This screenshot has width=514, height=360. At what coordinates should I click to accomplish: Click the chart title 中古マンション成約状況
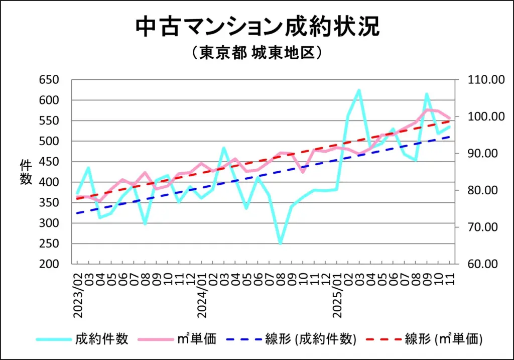click(x=257, y=28)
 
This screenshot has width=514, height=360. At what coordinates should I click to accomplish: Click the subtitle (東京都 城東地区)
click(x=257, y=53)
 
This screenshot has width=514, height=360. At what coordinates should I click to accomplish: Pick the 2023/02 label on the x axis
click(x=78, y=296)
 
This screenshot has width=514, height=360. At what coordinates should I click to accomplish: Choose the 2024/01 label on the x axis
click(x=201, y=296)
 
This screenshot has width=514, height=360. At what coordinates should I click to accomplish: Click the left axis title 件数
click(x=26, y=172)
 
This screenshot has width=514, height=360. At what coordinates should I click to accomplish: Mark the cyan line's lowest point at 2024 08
click(x=280, y=244)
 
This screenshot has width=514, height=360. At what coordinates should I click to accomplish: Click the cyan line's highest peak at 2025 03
click(x=359, y=90)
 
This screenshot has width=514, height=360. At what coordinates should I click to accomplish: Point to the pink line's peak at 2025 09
click(x=427, y=109)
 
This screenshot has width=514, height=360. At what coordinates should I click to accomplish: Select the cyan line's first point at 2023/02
click(x=77, y=193)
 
